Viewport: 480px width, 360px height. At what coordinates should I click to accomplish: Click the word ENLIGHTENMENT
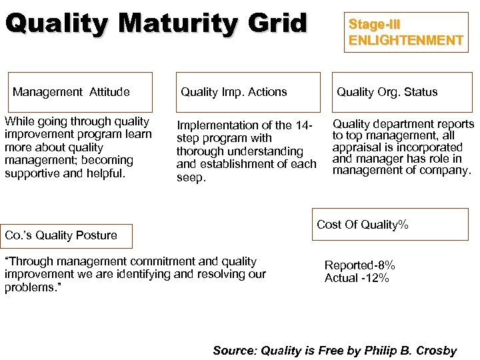point(405,40)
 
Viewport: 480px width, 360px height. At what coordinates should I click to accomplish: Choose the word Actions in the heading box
point(266,92)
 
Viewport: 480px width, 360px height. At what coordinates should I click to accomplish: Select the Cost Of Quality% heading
point(362,225)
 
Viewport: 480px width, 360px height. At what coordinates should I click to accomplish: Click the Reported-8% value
point(359,265)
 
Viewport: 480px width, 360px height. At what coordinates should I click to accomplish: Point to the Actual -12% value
point(357,278)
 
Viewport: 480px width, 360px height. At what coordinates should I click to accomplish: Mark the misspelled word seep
point(190,177)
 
